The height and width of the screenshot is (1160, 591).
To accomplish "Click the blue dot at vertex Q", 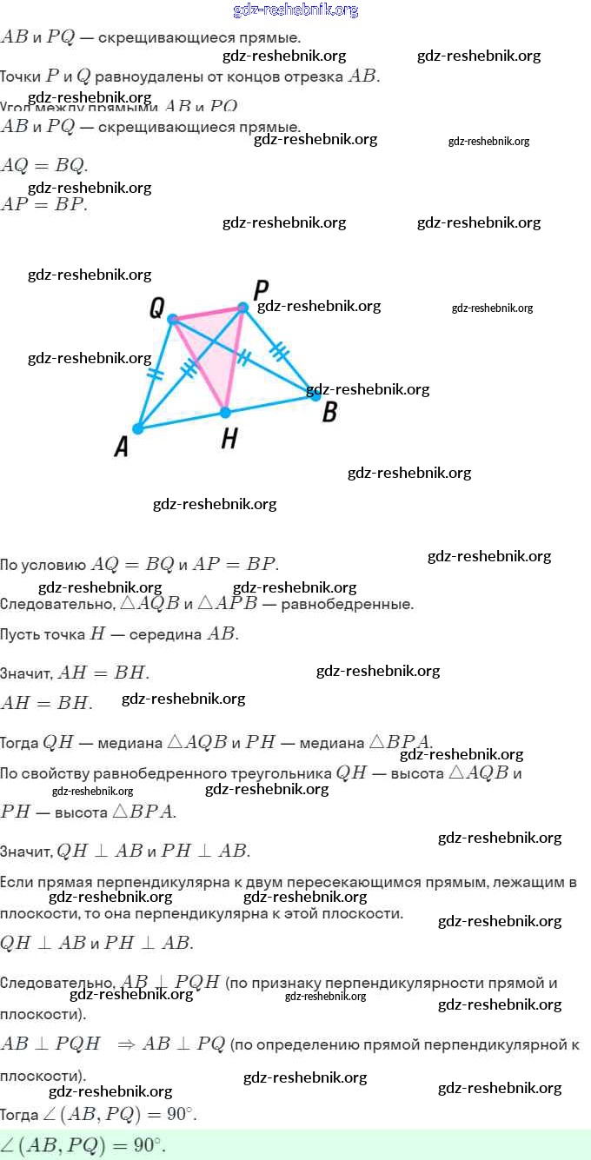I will (172, 319).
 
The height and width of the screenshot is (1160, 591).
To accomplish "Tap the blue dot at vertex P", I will (242, 308).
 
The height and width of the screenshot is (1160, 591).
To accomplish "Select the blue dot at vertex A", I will (137, 428).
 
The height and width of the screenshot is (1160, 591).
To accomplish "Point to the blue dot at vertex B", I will (316, 395).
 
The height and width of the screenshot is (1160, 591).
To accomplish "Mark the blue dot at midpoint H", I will (224, 411).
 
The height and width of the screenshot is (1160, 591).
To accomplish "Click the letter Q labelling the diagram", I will (157, 307).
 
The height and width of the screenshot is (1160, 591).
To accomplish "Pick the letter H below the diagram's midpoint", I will (229, 439).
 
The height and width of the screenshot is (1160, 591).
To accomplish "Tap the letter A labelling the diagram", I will (122, 447).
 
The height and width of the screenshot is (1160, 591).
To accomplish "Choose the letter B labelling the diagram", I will (329, 412).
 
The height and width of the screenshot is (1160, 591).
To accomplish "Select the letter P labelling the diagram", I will (261, 289).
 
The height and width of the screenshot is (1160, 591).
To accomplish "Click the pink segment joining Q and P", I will (208, 313).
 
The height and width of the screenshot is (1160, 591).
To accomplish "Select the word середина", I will (165, 634).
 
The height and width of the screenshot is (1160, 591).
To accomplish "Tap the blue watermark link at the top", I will (295, 10).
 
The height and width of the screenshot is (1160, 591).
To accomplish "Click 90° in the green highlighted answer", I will (148, 1146).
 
